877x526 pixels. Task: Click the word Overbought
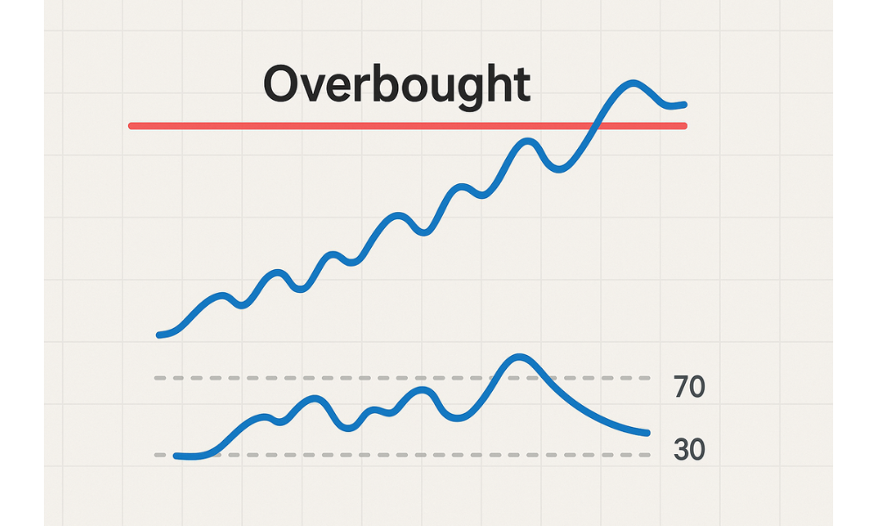396,85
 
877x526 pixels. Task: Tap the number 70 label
689,387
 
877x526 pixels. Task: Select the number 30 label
689,450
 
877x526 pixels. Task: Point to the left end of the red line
132,126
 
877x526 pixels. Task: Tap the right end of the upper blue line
683,104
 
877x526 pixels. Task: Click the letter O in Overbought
283,85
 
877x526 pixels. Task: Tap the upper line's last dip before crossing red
559,169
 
